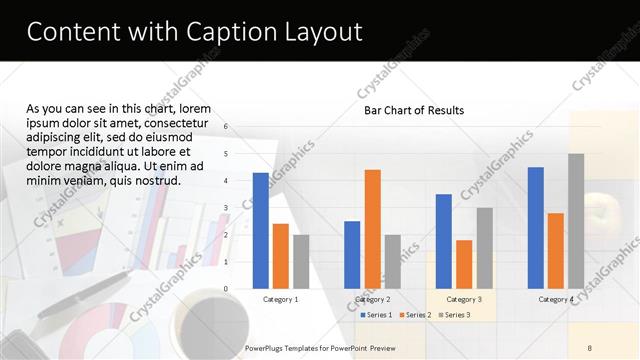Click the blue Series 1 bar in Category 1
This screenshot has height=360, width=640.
pyautogui.click(x=260, y=231)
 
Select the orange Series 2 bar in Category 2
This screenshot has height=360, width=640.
pyautogui.click(x=372, y=229)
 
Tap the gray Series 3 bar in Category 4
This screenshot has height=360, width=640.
pyautogui.click(x=576, y=221)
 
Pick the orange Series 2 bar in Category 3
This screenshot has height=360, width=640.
pyautogui.click(x=464, y=264)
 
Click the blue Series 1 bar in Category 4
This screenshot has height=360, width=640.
pyautogui.click(x=536, y=228)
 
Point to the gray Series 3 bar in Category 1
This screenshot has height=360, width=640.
pyautogui.click(x=301, y=262)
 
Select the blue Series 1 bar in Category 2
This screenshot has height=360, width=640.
pyautogui.click(x=352, y=255)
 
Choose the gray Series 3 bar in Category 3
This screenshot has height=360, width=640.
pyautogui.click(x=484, y=248)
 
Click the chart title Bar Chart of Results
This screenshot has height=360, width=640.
pyautogui.click(x=414, y=110)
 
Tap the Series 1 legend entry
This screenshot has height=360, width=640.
pyautogui.click(x=376, y=315)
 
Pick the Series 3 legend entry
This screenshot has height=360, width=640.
pyautogui.click(x=456, y=315)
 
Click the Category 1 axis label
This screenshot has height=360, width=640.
pyautogui.click(x=280, y=299)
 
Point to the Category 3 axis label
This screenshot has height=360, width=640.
pyautogui.click(x=464, y=299)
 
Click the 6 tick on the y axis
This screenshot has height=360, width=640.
pyautogui.click(x=226, y=127)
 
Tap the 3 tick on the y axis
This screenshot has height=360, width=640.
pyautogui.click(x=226, y=208)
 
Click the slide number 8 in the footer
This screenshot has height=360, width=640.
pyautogui.click(x=590, y=347)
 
